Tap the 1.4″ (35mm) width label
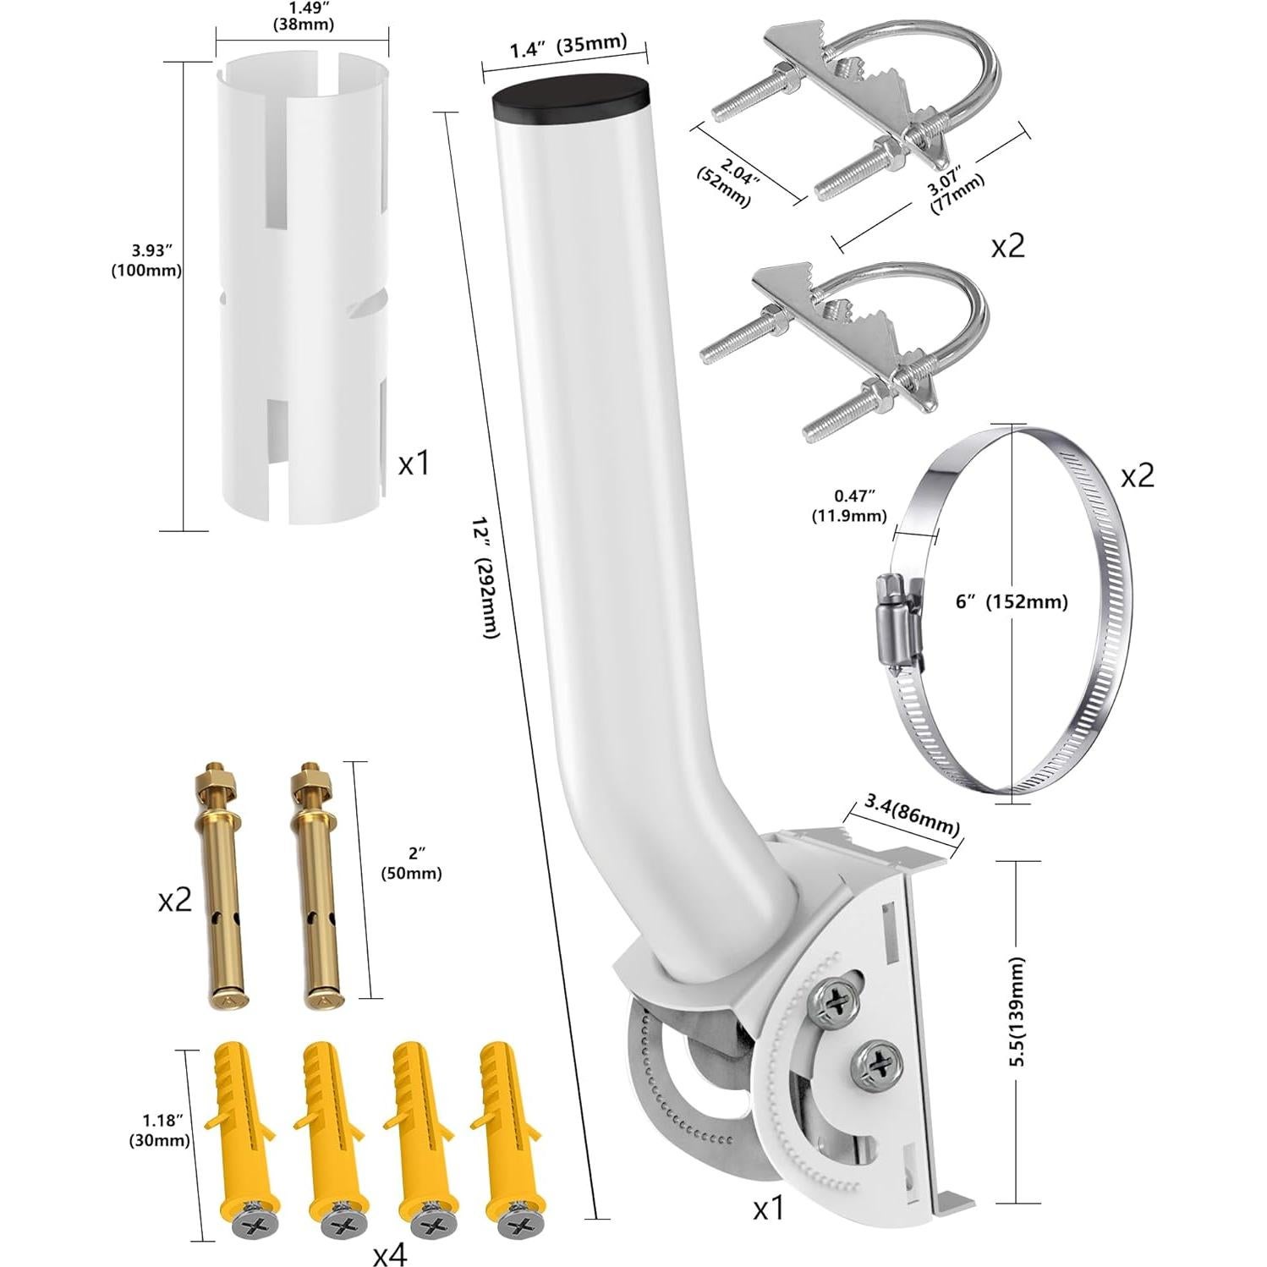568,45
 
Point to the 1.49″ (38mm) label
302,16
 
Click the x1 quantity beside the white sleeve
414,463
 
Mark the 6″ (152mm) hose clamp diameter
1011,601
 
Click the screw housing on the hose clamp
897,610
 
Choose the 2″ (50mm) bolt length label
411,864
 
